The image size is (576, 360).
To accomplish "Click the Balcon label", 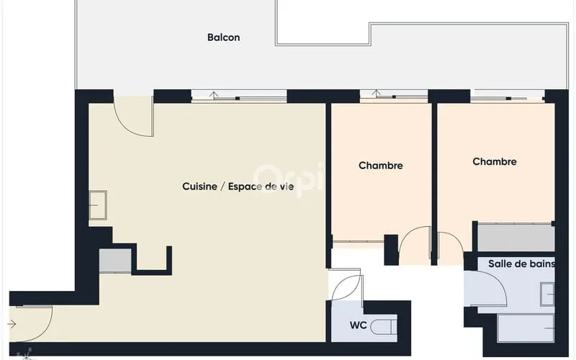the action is pyautogui.click(x=223, y=37).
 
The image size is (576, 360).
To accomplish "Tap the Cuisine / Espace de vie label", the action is pyautogui.click(x=238, y=186).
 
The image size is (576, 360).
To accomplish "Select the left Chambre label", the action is pyautogui.click(x=381, y=166).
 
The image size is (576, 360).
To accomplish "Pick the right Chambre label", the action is pyautogui.click(x=495, y=161).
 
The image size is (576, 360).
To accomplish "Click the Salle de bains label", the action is pyautogui.click(x=521, y=264).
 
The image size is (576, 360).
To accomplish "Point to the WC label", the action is pyautogui.click(x=358, y=325).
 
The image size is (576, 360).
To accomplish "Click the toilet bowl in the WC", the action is pyautogui.click(x=384, y=327).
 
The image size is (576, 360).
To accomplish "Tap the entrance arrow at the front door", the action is pyautogui.click(x=12, y=324).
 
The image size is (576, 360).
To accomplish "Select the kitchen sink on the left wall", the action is pyautogui.click(x=98, y=205).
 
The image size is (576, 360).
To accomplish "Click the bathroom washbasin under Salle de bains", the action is pyautogui.click(x=547, y=294).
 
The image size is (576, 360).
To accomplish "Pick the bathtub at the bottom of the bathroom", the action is pyautogui.click(x=526, y=328).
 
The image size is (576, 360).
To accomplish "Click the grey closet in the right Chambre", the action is pyautogui.click(x=516, y=238).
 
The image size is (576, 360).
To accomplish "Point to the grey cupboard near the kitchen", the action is pyautogui.click(x=115, y=261).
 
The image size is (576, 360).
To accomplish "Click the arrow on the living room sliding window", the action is pyautogui.click(x=214, y=96).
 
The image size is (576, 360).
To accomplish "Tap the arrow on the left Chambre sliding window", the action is pyautogui.click(x=375, y=94).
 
